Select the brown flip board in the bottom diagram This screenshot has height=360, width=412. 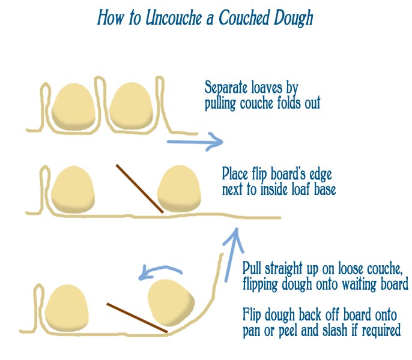coord(136,317)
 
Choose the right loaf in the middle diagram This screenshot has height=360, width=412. coord(178,189)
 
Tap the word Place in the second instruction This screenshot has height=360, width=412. coord(236,174)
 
